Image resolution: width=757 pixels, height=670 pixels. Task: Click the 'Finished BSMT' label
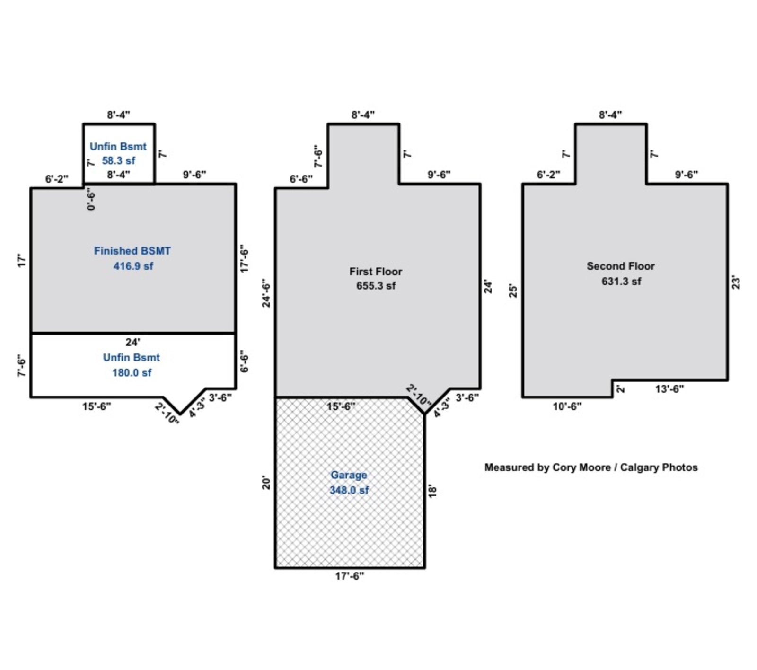[132, 251]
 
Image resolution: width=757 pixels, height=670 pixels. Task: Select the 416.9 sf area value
[133, 266]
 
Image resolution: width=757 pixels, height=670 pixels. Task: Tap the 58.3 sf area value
[118, 160]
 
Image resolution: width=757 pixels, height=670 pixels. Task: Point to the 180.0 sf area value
[132, 372]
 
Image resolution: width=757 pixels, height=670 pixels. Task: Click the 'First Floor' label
[376, 272]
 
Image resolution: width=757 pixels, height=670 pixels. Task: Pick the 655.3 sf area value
[376, 286]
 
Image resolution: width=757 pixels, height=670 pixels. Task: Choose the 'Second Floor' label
[620, 266]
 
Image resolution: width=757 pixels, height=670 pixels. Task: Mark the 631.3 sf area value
[621, 281]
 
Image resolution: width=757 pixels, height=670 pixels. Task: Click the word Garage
[349, 475]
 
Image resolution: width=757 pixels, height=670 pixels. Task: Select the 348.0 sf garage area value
[349, 490]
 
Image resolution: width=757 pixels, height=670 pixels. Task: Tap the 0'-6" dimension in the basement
[91, 199]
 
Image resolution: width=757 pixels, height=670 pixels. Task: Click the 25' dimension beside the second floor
[513, 291]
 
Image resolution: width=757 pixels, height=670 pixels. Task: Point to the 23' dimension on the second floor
[736, 283]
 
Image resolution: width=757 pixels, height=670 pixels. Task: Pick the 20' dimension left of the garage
[267, 483]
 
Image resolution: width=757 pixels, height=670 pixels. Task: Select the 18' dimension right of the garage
[432, 491]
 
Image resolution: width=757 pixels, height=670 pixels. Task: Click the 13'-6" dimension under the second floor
[669, 389]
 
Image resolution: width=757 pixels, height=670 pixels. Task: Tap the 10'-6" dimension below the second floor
[567, 406]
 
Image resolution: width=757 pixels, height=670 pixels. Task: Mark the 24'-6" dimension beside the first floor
[267, 293]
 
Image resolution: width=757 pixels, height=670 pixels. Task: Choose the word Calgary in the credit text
[639, 467]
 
